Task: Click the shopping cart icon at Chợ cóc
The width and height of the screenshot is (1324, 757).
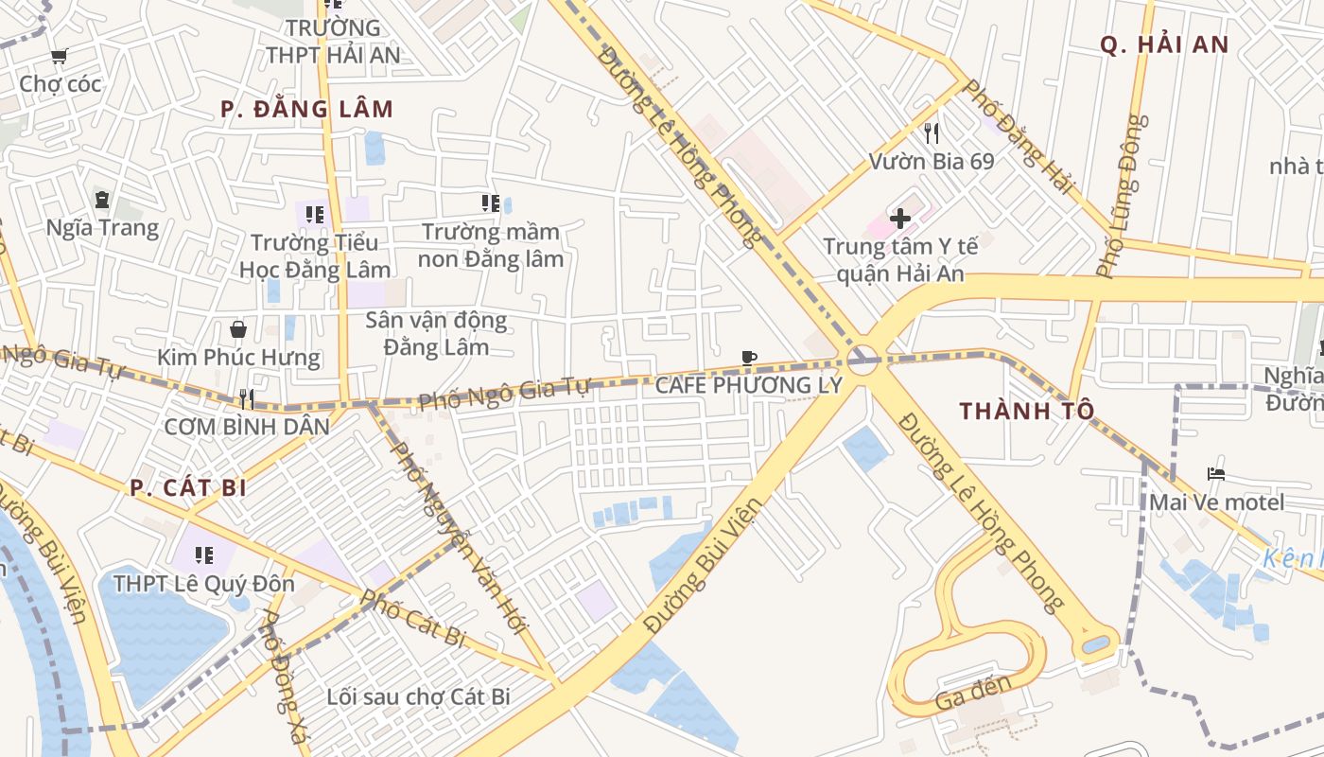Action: pyautogui.click(x=59, y=57)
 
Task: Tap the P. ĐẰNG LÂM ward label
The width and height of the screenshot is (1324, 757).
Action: pyautogui.click(x=306, y=109)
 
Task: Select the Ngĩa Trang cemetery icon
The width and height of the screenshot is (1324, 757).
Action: pyautogui.click(x=102, y=200)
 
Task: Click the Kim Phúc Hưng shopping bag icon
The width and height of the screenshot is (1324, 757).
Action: pyautogui.click(x=238, y=329)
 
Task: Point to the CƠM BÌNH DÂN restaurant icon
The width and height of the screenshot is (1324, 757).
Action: pyautogui.click(x=247, y=398)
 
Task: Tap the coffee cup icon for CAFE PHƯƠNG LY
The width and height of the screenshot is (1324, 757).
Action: pyautogui.click(x=749, y=357)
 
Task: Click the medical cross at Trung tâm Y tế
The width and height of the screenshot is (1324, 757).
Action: pyautogui.click(x=899, y=219)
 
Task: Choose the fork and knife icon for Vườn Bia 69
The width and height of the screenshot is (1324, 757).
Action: pyautogui.click(x=932, y=132)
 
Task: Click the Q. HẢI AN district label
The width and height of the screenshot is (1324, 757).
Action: pyautogui.click(x=1164, y=44)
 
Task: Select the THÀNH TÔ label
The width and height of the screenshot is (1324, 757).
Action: pyautogui.click(x=1027, y=411)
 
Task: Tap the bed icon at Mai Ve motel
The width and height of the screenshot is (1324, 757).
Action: pyautogui.click(x=1216, y=473)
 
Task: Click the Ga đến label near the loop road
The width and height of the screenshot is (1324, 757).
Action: pyautogui.click(x=973, y=694)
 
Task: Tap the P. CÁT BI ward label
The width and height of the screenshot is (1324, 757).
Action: pyautogui.click(x=188, y=488)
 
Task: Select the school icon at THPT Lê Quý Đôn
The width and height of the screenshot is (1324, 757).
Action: pyautogui.click(x=203, y=555)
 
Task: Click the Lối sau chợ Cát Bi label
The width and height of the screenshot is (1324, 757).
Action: pyautogui.click(x=418, y=697)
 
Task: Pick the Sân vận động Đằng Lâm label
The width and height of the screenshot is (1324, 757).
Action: pyautogui.click(x=436, y=334)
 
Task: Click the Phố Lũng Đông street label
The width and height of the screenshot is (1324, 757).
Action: pyautogui.click(x=1122, y=197)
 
